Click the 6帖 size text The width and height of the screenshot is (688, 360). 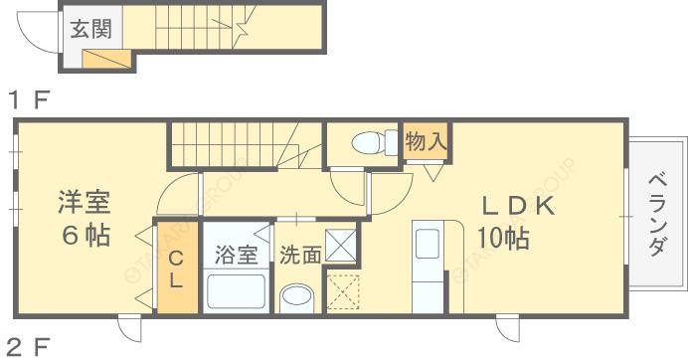(x=83, y=237)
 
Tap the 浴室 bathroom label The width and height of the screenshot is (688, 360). (x=236, y=255)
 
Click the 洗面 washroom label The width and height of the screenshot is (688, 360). (x=299, y=255)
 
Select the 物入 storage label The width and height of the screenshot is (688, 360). (x=426, y=141)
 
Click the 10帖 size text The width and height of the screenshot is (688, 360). (x=502, y=239)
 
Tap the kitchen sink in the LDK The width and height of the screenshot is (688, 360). (x=428, y=245)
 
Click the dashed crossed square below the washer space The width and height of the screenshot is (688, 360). (x=342, y=290)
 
